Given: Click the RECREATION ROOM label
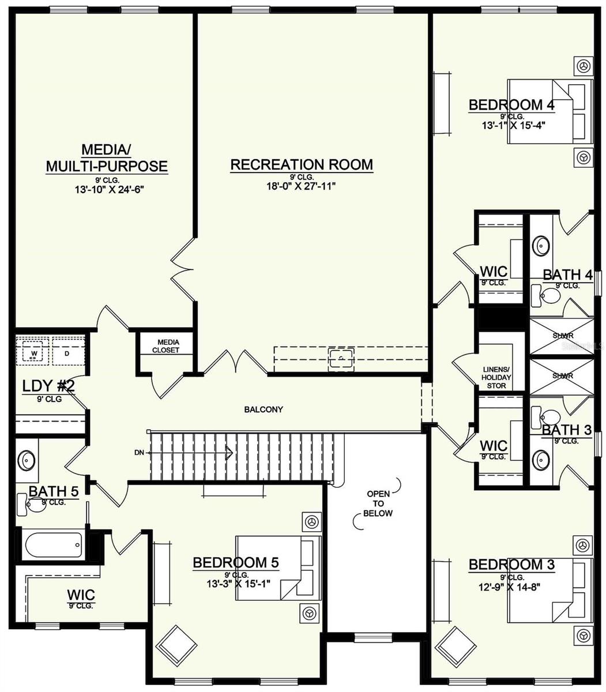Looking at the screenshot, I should (x=302, y=165).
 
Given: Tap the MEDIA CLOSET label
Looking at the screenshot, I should (x=165, y=346).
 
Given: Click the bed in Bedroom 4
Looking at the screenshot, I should (x=549, y=111).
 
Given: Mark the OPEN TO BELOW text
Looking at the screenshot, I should (x=379, y=503).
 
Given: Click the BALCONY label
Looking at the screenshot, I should (x=264, y=410).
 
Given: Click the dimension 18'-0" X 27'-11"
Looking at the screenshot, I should (x=302, y=185).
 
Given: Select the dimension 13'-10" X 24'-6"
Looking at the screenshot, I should (x=107, y=188).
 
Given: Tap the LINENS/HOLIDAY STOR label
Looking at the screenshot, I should (x=496, y=378).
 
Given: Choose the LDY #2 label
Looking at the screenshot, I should (x=48, y=386).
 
